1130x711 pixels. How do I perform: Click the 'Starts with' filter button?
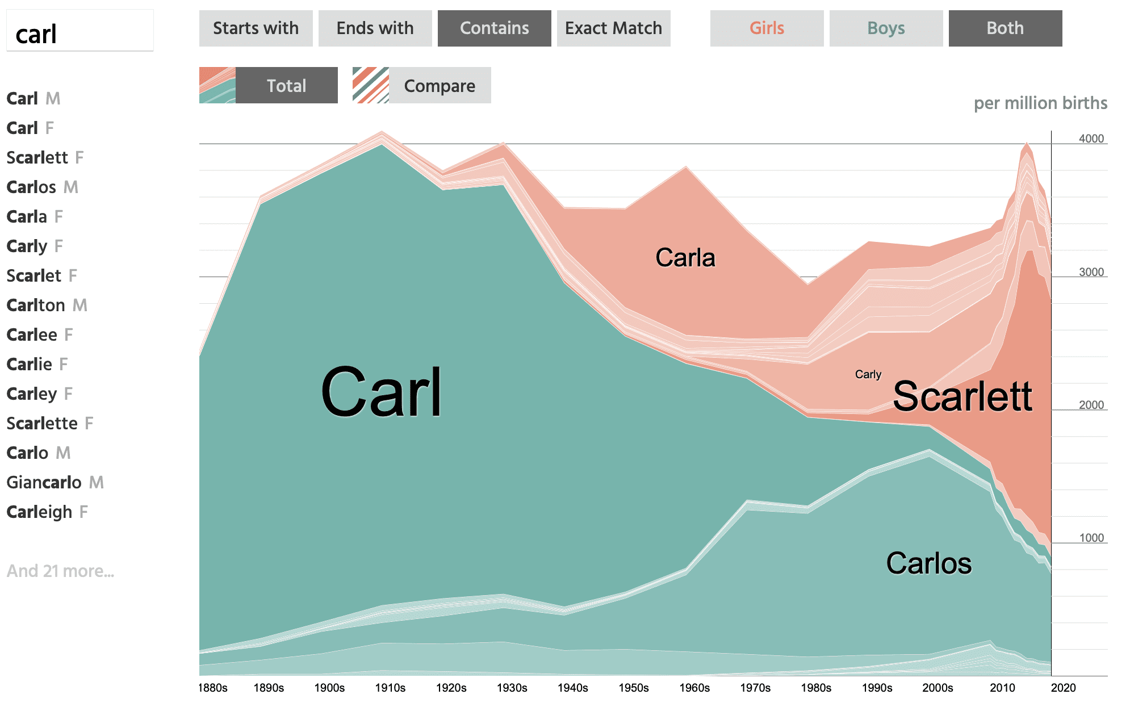(256, 28)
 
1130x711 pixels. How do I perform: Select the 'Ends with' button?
(375, 28)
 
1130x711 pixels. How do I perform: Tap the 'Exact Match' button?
(613, 28)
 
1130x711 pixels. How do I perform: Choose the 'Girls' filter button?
(767, 28)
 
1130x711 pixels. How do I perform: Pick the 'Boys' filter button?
(886, 28)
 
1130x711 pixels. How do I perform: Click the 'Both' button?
(1005, 28)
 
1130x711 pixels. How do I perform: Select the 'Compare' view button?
(421, 85)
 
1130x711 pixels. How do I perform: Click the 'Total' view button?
(268, 85)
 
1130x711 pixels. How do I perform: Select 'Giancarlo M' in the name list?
(55, 482)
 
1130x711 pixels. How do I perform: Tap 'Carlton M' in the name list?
(47, 305)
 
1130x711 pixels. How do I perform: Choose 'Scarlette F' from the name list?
(50, 423)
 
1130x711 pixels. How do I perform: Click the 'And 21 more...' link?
(61, 571)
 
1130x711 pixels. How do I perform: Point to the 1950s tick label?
(634, 688)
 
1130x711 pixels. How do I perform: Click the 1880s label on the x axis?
(213, 688)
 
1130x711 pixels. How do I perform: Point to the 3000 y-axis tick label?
(1091, 272)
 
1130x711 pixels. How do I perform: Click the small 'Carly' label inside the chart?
(868, 374)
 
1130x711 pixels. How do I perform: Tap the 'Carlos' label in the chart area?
(929, 563)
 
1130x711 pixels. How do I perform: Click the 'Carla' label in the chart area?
(685, 258)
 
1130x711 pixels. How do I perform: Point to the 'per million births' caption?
(1041, 103)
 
